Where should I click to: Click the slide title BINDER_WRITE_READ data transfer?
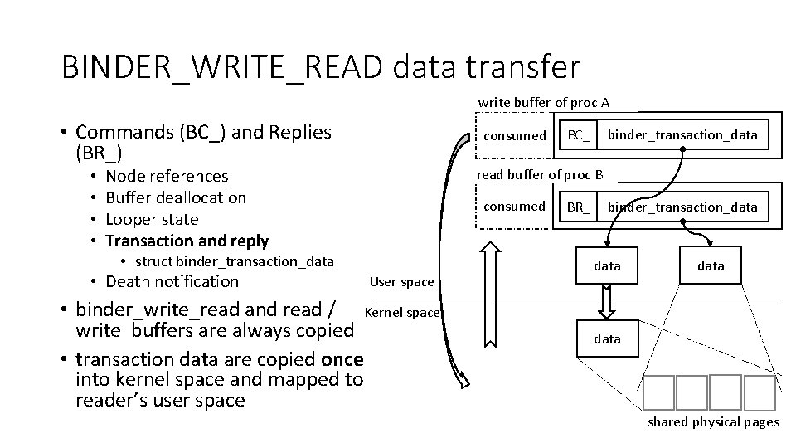(x=321, y=66)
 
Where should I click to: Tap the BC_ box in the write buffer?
(x=579, y=134)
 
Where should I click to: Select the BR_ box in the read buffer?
(x=579, y=207)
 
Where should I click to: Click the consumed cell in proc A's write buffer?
(x=515, y=134)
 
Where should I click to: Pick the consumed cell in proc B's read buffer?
(x=515, y=206)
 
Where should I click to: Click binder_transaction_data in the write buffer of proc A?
(x=682, y=134)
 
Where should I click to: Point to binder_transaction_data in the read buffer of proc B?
(x=682, y=207)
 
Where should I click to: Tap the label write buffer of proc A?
(x=544, y=103)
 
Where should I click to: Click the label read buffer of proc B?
(x=540, y=174)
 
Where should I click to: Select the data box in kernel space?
(x=607, y=338)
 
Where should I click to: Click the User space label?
(x=402, y=282)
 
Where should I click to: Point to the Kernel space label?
(x=402, y=312)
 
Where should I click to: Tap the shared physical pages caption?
(x=713, y=422)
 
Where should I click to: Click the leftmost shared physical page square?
(x=658, y=392)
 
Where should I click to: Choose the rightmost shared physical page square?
(x=759, y=392)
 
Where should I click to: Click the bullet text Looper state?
(x=152, y=219)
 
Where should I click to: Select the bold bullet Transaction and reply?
(x=187, y=241)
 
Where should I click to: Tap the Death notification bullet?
(x=172, y=281)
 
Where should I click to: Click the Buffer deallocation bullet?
(x=176, y=197)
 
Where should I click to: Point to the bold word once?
(x=342, y=360)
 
